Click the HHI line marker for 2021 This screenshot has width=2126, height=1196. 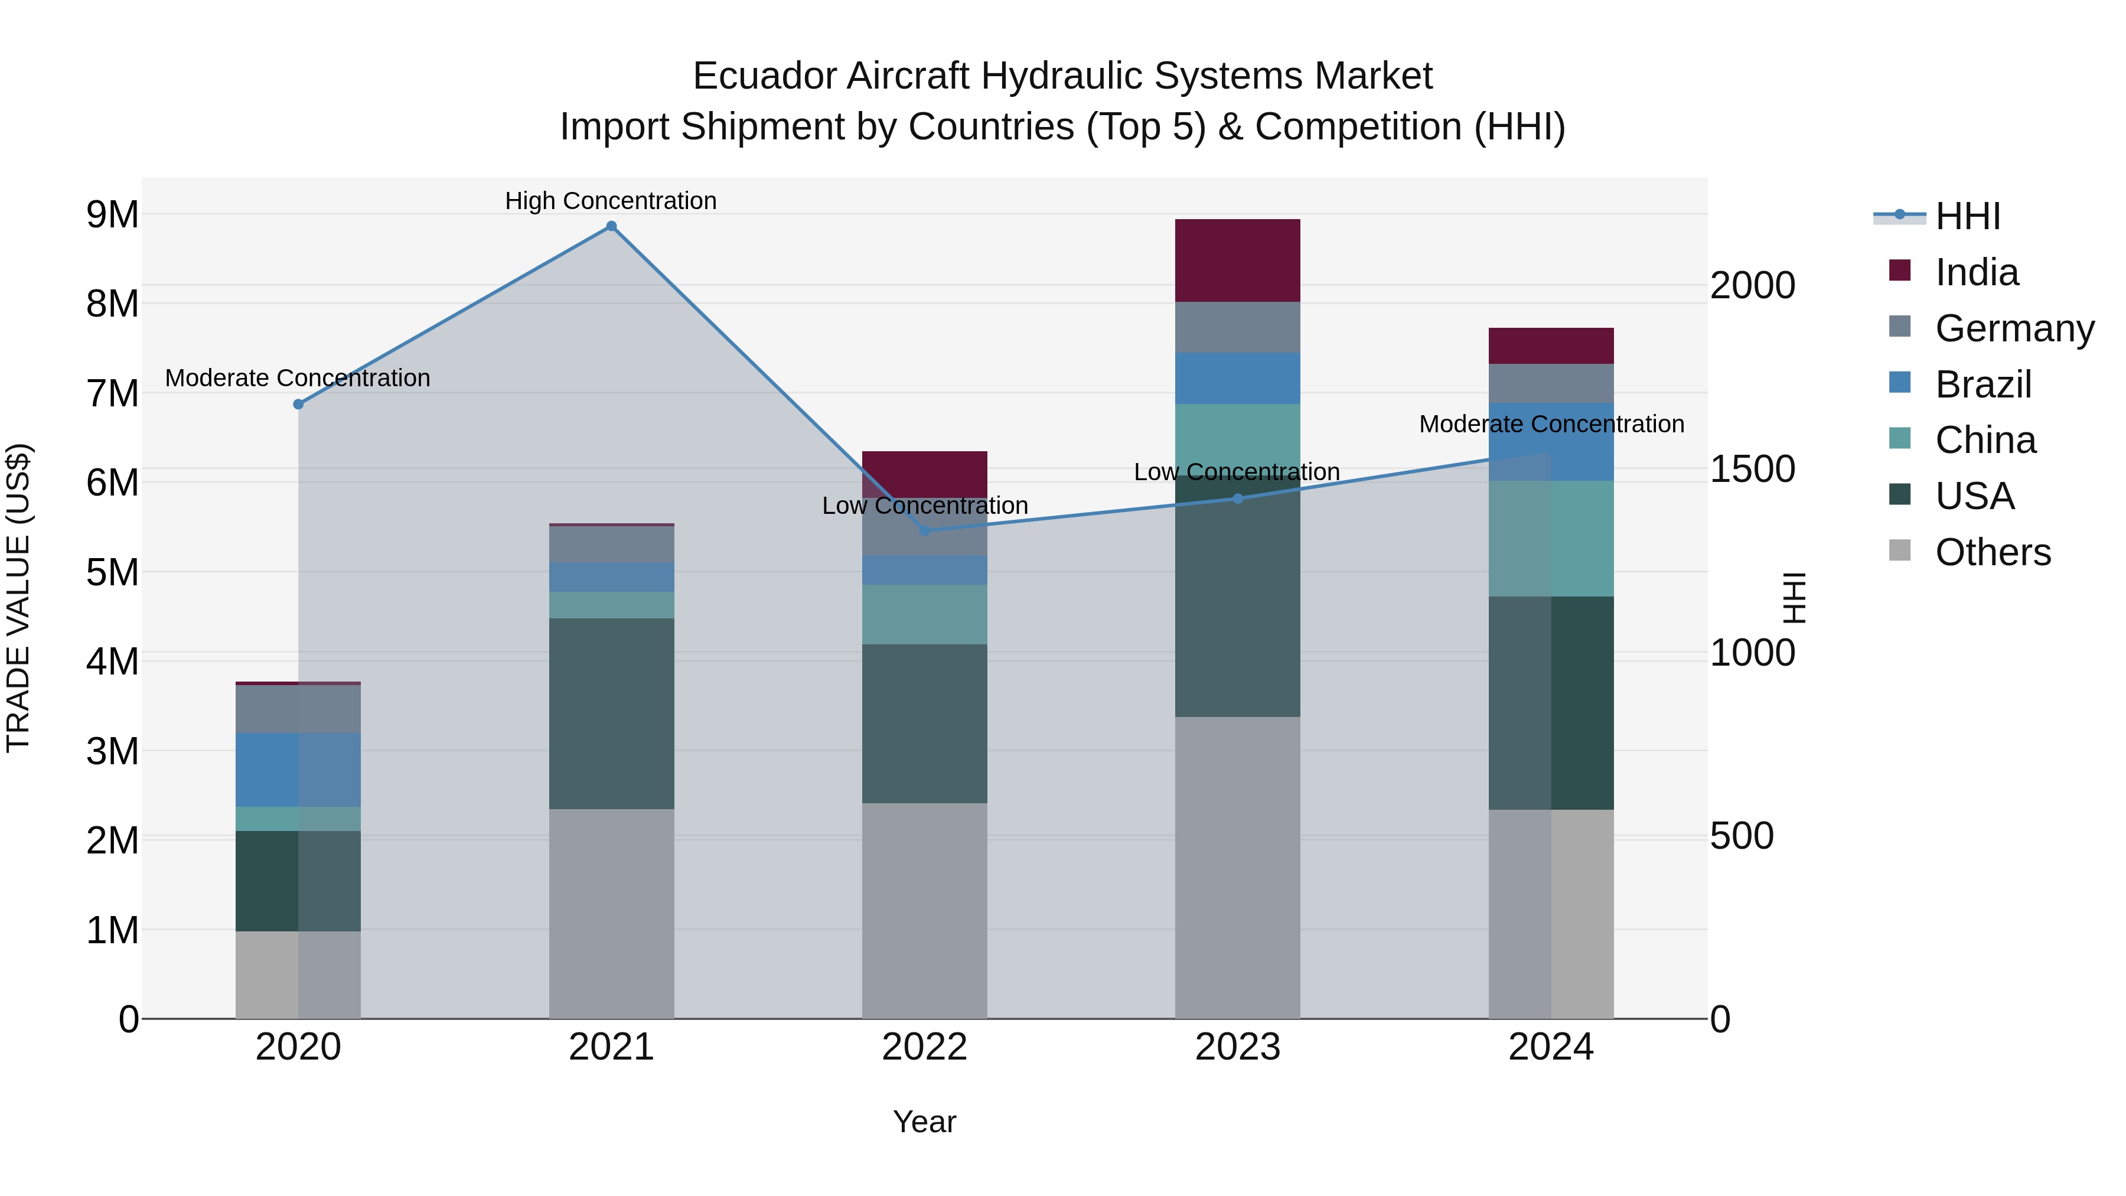[611, 226]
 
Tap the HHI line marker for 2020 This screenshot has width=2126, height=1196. [298, 405]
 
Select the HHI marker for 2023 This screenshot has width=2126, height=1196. [1237, 498]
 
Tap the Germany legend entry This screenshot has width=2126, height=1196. [2014, 328]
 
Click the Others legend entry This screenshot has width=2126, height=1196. [1993, 552]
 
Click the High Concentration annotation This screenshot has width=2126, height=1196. [611, 201]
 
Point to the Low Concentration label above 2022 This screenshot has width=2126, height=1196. [924, 505]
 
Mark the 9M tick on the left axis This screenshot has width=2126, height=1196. [112, 214]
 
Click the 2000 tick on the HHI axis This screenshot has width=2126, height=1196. [1752, 286]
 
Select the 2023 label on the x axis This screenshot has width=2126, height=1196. [1237, 1047]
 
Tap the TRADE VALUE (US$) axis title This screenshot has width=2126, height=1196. [18, 598]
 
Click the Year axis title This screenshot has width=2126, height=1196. [924, 1122]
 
